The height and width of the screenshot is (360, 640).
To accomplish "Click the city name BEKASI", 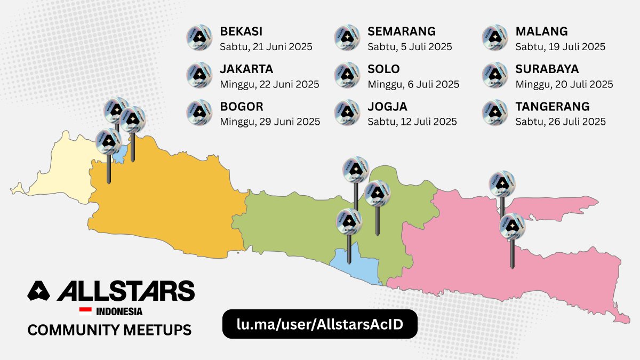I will [x=241, y=31].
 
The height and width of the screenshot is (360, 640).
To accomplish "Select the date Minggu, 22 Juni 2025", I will [x=269, y=84].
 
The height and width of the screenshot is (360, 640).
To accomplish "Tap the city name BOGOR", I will [x=242, y=107].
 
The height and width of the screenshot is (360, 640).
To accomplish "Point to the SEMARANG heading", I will [x=402, y=31].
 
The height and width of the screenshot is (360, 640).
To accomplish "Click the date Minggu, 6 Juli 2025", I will [x=413, y=84].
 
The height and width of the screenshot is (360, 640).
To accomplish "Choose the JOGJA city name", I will [x=387, y=107].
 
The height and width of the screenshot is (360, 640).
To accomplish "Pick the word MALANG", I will [x=541, y=31].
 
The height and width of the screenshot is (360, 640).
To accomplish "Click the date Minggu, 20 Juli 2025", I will [x=564, y=84].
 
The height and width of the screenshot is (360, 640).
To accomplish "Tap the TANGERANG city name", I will [x=553, y=107].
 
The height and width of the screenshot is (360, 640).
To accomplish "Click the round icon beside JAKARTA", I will [x=199, y=75].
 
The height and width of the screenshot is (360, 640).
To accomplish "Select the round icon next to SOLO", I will [x=347, y=75].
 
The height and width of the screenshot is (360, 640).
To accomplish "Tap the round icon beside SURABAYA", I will [x=494, y=75].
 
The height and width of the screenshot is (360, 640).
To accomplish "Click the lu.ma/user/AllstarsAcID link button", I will [x=319, y=324].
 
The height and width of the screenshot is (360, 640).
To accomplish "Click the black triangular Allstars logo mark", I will [x=38, y=291].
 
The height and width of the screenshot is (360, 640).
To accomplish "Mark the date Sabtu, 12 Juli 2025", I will [x=412, y=122].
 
